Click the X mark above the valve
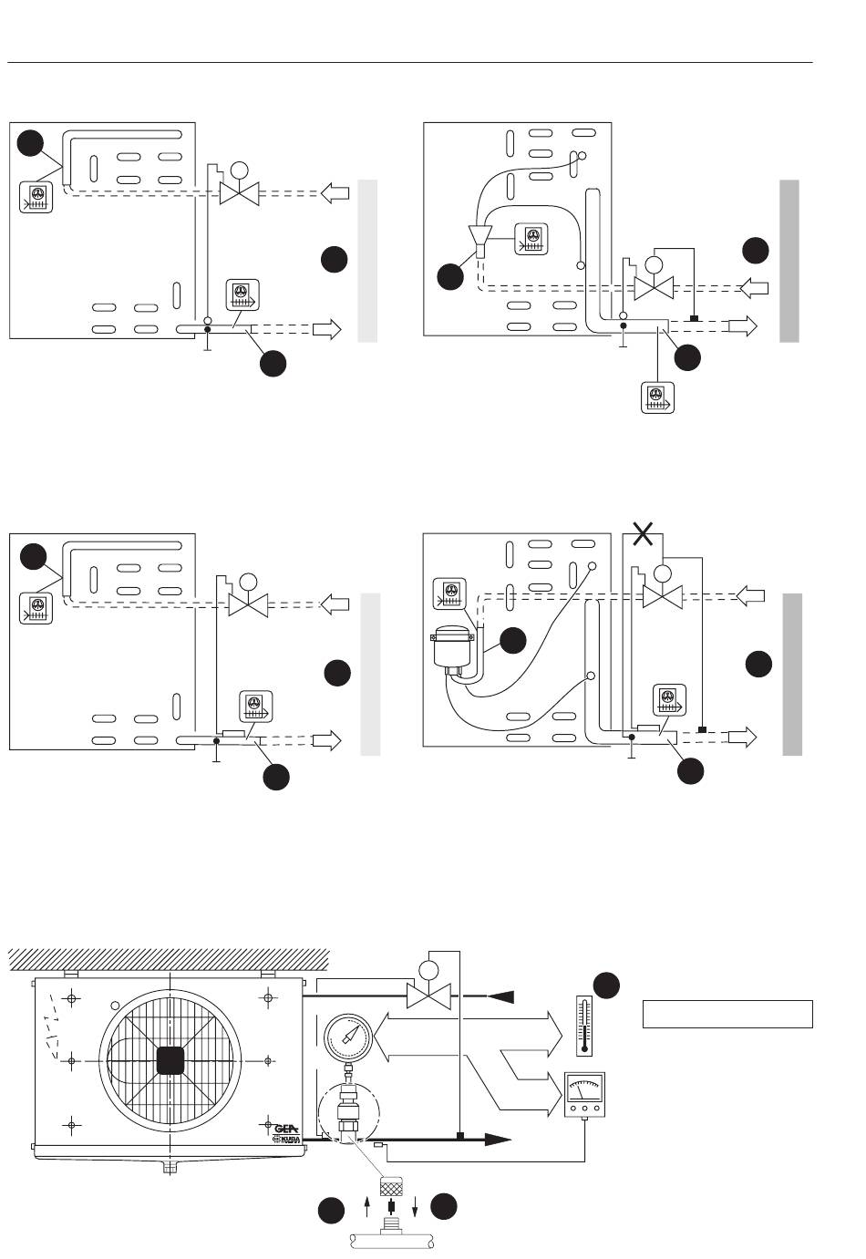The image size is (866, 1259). point(643,533)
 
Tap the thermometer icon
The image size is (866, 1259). point(584,1024)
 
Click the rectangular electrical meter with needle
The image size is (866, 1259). point(585,1094)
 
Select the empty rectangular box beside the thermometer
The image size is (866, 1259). point(727,1014)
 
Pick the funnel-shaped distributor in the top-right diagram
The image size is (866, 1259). point(479,237)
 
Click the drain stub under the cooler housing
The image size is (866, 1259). point(169,1166)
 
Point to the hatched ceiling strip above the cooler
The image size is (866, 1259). point(169,959)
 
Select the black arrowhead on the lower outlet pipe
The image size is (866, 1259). point(497,1139)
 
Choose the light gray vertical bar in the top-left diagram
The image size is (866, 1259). point(366,261)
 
